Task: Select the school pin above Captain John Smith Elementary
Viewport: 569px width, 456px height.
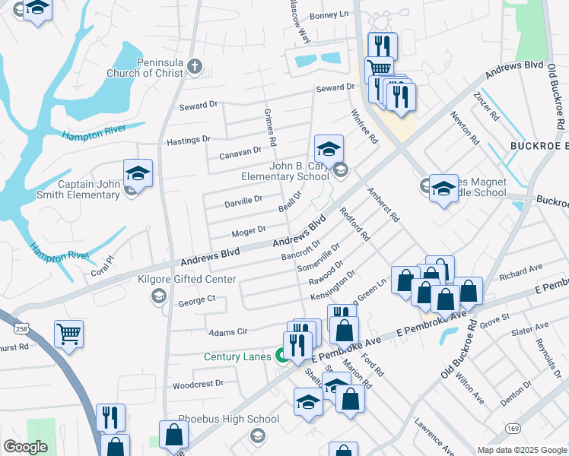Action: [x=138, y=174]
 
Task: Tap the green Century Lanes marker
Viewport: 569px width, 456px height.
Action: [x=281, y=355]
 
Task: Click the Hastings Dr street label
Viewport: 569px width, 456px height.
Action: [x=188, y=141]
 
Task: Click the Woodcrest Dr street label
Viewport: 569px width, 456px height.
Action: [x=198, y=384]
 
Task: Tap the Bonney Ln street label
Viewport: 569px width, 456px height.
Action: [x=329, y=14]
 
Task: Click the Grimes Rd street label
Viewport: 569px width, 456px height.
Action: [x=270, y=125]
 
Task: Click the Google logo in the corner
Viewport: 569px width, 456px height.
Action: [x=25, y=447]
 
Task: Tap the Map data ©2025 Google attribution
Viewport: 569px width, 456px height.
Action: [x=521, y=450]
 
